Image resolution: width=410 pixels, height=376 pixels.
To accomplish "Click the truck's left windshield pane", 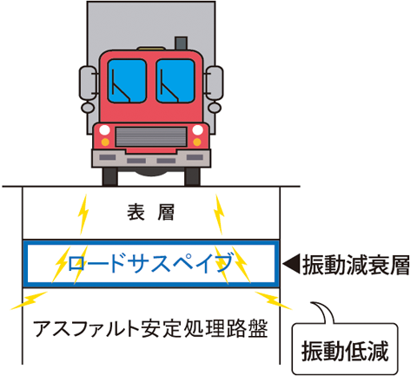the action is click(x=127, y=81).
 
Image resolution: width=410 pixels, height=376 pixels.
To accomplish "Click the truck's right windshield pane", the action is click(x=175, y=81).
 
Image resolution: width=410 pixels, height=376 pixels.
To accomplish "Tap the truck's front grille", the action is click(x=151, y=136).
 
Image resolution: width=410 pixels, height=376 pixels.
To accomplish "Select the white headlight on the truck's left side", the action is click(x=104, y=130).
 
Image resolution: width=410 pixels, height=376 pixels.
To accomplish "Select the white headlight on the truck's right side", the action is click(x=197, y=130).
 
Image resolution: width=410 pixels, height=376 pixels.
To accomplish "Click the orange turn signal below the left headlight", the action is click(x=105, y=142).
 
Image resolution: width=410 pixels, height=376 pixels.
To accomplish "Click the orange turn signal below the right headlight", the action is click(x=197, y=142).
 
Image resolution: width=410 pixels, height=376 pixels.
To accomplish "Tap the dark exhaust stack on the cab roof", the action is click(x=181, y=43).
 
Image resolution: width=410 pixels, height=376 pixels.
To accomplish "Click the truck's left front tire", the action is click(x=110, y=176).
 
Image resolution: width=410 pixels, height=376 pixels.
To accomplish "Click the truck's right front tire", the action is click(x=192, y=176).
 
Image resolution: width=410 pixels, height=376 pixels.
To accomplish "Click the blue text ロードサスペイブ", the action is click(x=150, y=262).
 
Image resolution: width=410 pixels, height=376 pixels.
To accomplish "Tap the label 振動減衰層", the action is click(x=356, y=265).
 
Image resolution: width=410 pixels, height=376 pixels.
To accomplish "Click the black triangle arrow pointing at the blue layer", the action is click(x=291, y=263).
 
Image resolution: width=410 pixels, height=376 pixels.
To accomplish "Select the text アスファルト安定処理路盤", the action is click(x=150, y=328).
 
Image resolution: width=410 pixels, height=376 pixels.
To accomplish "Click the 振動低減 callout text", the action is click(x=345, y=351).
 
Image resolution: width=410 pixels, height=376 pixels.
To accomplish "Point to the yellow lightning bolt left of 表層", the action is click(x=83, y=214).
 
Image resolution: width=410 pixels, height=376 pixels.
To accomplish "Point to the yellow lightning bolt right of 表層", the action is click(x=219, y=214).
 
